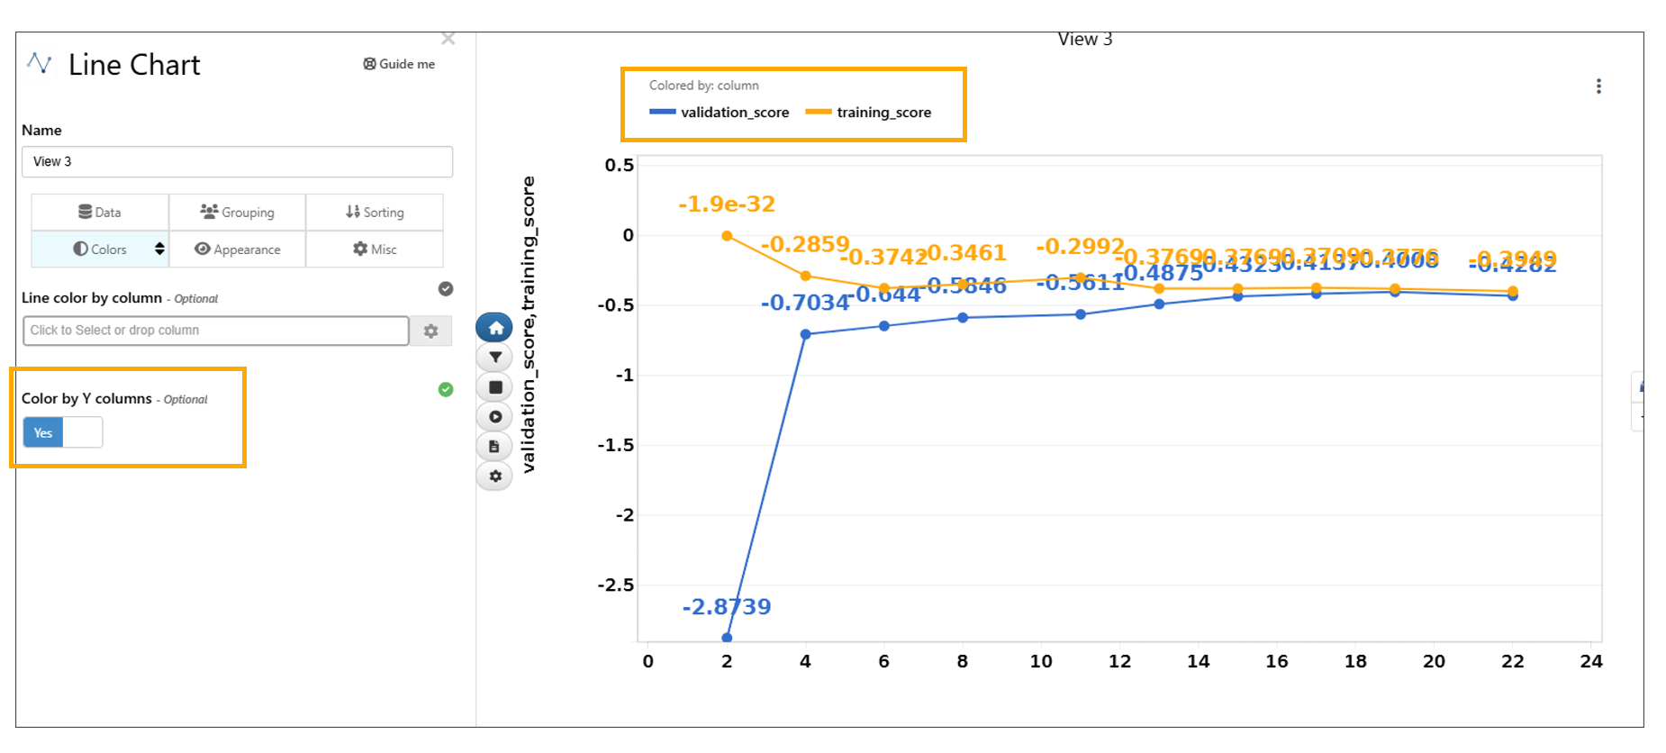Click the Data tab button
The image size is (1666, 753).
[100, 213]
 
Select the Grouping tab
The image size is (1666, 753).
[238, 213]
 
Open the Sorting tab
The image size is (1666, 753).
[375, 213]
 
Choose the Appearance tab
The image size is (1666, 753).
[238, 249]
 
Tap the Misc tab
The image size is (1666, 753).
[375, 249]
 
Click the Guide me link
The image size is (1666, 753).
[399, 64]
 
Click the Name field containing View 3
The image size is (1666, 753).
[237, 162]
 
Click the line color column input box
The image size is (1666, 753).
[215, 331]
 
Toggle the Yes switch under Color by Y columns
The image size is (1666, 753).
[62, 433]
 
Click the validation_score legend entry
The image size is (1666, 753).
[720, 113]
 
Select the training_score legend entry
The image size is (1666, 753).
[869, 113]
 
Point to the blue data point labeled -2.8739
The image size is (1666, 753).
[727, 638]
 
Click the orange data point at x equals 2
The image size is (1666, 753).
[727, 236]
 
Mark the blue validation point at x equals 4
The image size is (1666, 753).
[805, 334]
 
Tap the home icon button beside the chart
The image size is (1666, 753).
[494, 328]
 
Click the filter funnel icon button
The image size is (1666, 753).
[494, 358]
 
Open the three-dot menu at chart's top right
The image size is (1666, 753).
[1598, 86]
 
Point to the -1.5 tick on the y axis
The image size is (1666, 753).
[616, 445]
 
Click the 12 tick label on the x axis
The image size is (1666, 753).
[1119, 662]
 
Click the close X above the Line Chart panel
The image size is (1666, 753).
[448, 39]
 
